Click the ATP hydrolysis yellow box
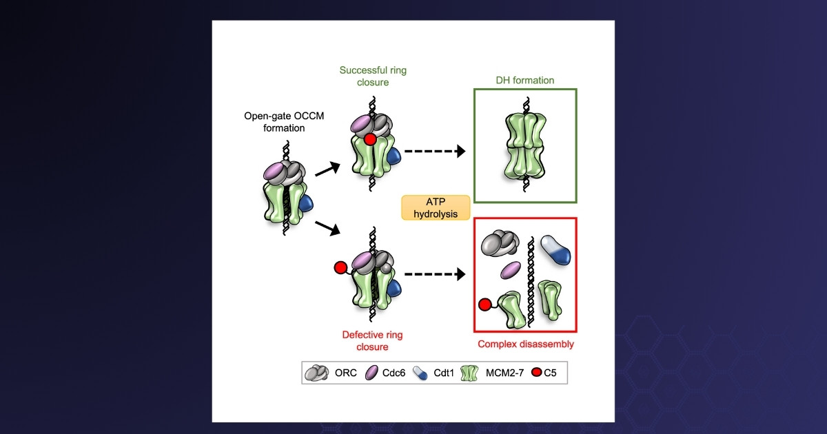click(x=436, y=207)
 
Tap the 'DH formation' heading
click(x=524, y=80)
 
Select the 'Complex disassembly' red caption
click(x=525, y=344)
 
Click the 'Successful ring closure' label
click(x=364, y=76)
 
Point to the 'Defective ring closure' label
click(x=372, y=341)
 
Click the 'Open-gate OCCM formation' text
click(x=276, y=121)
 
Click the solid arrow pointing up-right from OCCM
click(x=327, y=165)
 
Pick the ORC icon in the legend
click(x=317, y=373)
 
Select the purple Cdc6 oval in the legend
click(x=371, y=373)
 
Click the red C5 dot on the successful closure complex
click(x=370, y=140)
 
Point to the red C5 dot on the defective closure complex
click(x=339, y=267)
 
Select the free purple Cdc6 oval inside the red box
click(x=509, y=270)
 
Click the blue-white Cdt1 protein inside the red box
click(x=557, y=249)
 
